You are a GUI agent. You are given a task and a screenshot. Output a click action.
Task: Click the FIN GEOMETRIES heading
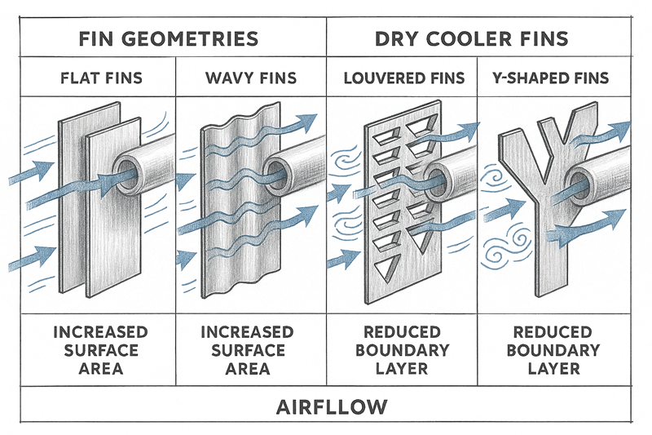coord(169,38)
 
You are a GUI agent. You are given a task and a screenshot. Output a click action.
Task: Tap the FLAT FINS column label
coord(101,79)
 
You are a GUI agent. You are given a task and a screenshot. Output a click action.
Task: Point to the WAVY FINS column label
coord(251,79)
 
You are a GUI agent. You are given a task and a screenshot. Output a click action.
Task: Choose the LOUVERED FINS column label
coord(403,79)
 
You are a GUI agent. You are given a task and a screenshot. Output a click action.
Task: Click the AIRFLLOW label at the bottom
coord(326,406)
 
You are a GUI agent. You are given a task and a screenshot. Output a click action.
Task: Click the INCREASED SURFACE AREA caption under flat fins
coord(101,350)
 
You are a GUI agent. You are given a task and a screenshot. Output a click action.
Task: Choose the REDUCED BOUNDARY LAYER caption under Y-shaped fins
coord(553,350)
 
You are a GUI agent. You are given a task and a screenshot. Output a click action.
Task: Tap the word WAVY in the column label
coord(229,79)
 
